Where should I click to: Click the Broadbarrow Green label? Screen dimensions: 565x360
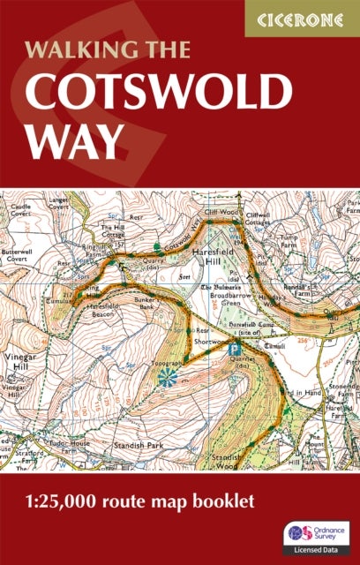(233, 297)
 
